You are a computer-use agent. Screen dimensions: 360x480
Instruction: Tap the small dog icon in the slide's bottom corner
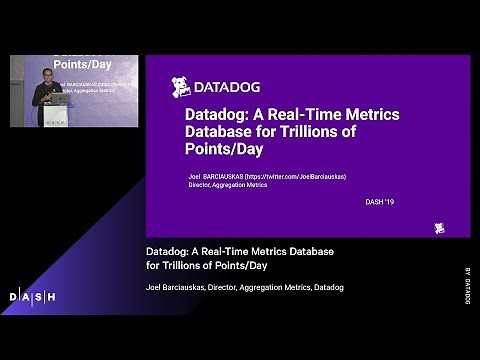[440, 228]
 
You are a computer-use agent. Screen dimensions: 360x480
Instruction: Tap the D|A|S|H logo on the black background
[32, 296]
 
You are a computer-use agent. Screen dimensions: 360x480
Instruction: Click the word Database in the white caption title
[306, 249]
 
